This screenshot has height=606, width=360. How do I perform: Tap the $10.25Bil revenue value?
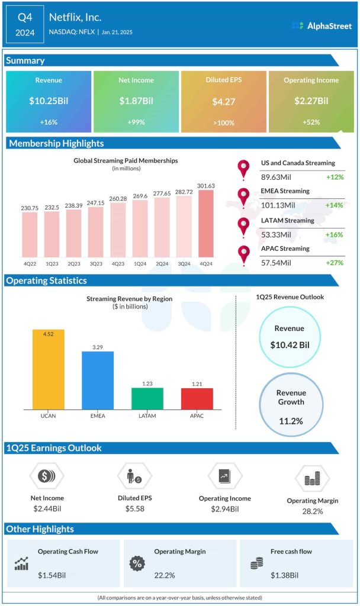[49, 101]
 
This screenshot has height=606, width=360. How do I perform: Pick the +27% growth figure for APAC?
[335, 262]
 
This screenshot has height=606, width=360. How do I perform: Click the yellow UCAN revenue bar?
[49, 369]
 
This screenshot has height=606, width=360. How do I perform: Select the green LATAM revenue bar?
[147, 398]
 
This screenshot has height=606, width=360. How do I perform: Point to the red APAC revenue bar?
[197, 399]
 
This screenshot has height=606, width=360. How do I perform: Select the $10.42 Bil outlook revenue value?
[290, 344]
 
